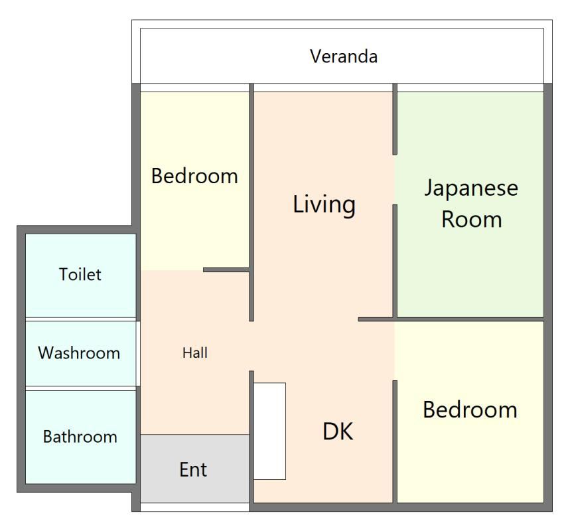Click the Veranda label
tap(344, 56)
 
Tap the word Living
tap(324, 205)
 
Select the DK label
tap(338, 431)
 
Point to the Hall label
tap(195, 352)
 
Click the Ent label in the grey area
tap(193, 470)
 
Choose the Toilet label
tap(80, 274)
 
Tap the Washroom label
tap(79, 353)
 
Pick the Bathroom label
tap(80, 437)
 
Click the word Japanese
tap(471, 189)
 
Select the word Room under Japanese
tap(472, 220)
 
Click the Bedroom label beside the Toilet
tap(194, 176)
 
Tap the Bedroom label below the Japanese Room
tap(470, 410)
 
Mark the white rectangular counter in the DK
tap(269, 431)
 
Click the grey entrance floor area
tap(194, 469)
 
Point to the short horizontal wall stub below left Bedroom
tap(226, 269)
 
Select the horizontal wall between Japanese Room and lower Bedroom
tap(451, 319)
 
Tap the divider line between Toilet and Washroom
tap(80, 320)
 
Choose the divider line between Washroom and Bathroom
tap(80, 388)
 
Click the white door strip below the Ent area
tap(194, 506)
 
